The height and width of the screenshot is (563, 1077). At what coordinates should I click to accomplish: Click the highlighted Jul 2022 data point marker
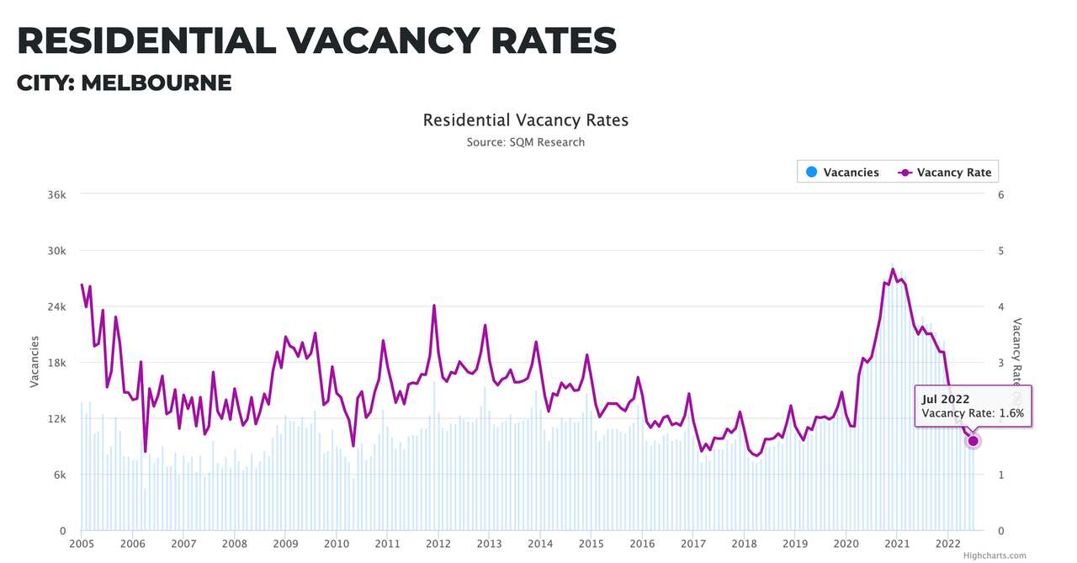[974, 441]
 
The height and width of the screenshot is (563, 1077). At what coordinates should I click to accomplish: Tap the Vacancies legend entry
[841, 173]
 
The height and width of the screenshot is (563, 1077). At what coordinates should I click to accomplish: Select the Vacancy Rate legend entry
[944, 173]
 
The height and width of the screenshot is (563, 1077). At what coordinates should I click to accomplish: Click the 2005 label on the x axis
[82, 544]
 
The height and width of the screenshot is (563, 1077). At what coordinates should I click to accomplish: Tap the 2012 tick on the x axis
[438, 544]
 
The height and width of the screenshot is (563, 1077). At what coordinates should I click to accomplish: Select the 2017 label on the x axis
[693, 544]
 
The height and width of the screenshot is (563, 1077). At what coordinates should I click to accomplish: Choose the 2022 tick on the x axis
[948, 544]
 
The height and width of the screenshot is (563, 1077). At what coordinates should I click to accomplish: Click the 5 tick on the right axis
[1000, 251]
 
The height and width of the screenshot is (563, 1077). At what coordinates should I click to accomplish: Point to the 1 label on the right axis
[1000, 475]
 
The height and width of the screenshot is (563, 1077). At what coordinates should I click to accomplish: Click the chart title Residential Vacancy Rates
[525, 120]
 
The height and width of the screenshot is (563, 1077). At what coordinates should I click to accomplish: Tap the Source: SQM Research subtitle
[525, 142]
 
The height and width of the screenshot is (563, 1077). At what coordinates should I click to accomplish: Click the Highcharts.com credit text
[995, 555]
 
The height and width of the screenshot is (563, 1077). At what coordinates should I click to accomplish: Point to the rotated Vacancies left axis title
[34, 362]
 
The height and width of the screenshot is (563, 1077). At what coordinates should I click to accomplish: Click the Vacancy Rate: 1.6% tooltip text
[972, 413]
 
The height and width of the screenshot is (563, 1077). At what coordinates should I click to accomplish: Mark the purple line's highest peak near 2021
[893, 269]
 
